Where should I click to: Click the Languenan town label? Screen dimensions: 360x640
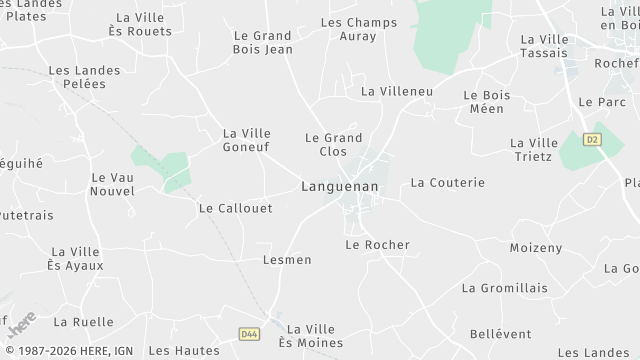tap(338, 187)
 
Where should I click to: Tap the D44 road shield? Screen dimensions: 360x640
tap(249, 334)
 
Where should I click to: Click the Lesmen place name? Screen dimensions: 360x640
tap(286, 260)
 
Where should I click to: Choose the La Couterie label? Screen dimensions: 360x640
tap(447, 183)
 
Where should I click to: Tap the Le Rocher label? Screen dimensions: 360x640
tap(377, 244)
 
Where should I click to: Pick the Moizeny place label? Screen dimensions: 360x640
tap(536, 247)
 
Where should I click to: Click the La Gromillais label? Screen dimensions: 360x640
tap(504, 288)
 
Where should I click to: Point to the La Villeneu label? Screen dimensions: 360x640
tap(396, 91)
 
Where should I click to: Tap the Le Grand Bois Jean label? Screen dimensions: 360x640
tap(263, 41)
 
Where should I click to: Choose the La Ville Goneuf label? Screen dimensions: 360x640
tap(247, 140)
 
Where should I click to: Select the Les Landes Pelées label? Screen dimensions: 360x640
tap(84, 77)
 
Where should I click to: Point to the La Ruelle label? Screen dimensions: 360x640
tap(76, 322)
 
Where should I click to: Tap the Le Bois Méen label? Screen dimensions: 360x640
tap(487, 102)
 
